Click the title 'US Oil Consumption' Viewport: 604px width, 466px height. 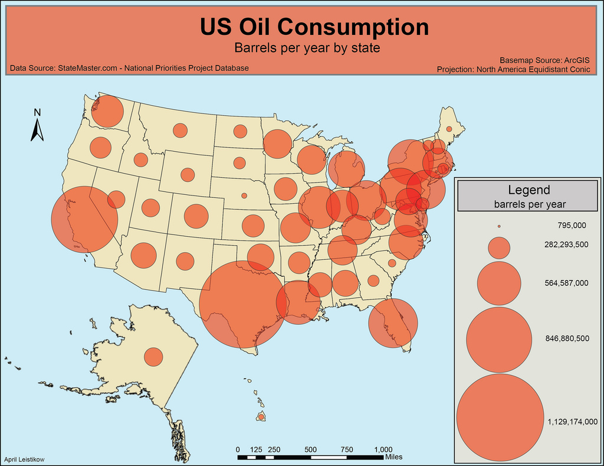(314, 27)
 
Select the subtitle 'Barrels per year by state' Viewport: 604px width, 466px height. (306, 47)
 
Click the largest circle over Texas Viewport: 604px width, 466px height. (243, 304)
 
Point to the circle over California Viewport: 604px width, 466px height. (85, 219)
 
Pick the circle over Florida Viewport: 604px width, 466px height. (393, 322)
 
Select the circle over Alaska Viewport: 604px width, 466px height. (153, 357)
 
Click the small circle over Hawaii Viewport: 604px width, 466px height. (261, 417)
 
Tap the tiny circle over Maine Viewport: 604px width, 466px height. (449, 129)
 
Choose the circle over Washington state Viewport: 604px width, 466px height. (107, 112)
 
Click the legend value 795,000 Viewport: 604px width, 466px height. (571, 226)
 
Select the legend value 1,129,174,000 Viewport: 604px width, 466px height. (572, 422)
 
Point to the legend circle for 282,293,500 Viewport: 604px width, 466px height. (499, 248)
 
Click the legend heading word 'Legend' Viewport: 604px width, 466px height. (528, 190)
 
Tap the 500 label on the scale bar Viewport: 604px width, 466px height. (311, 449)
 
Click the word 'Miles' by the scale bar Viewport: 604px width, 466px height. (393, 457)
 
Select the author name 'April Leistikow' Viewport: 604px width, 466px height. (24, 459)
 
